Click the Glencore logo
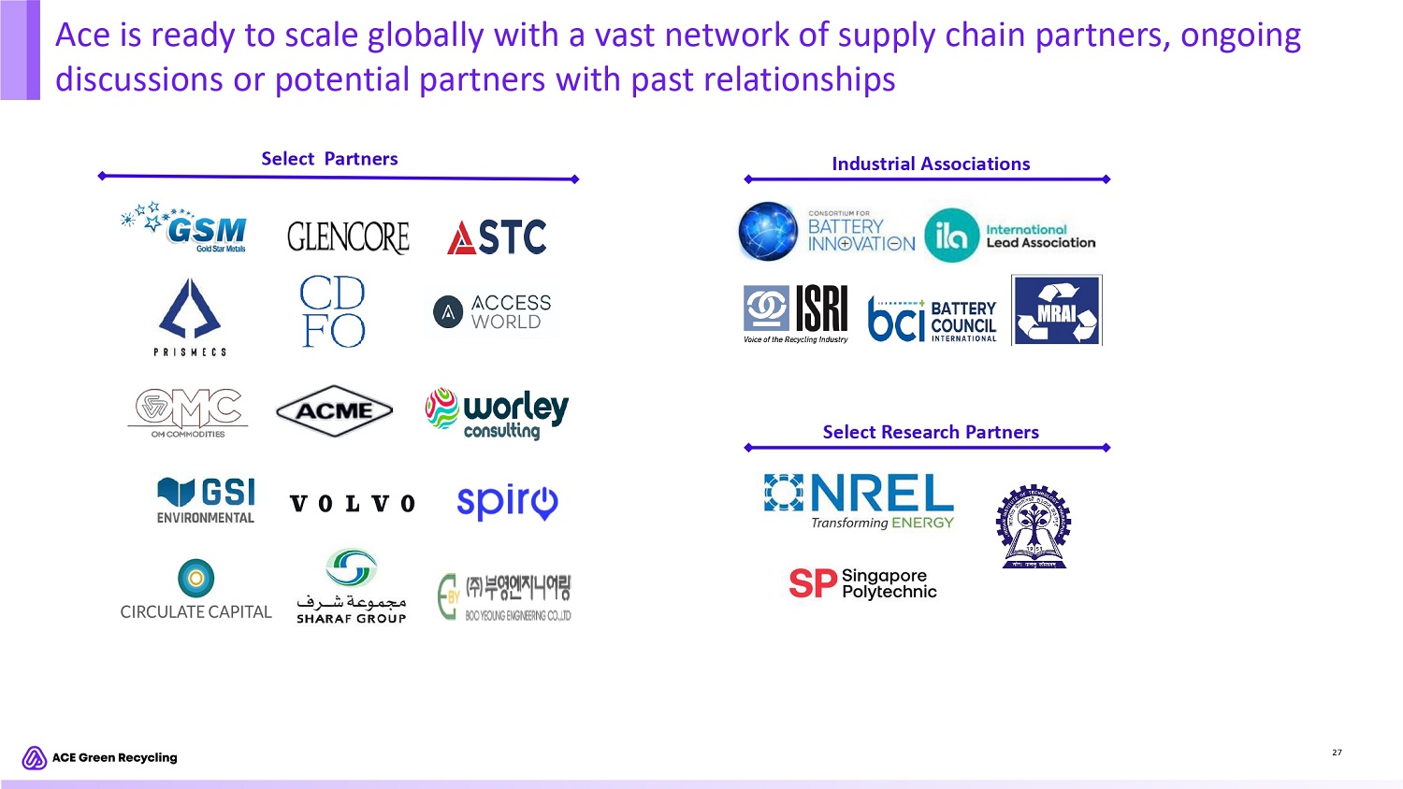[348, 237]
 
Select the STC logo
[497, 237]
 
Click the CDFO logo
[333, 311]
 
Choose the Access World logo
[493, 312]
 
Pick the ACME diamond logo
[334, 410]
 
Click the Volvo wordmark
[352, 504]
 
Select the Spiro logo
[507, 502]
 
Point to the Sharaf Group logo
[351, 586]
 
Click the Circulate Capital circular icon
[195, 578]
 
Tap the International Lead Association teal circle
[951, 236]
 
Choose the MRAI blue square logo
[1057, 310]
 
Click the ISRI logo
[796, 313]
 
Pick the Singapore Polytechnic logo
[862, 583]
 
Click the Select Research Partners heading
[931, 432]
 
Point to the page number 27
[1337, 753]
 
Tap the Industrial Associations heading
[931, 164]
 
